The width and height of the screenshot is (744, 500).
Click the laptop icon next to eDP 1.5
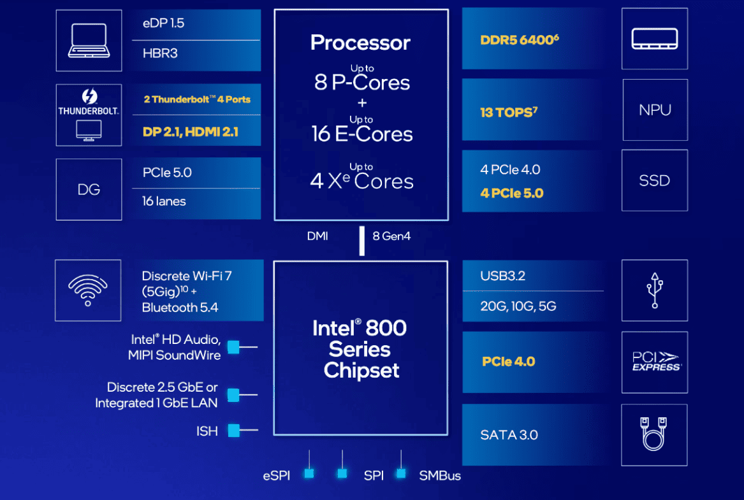(x=88, y=39)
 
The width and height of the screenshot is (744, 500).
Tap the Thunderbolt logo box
(x=88, y=114)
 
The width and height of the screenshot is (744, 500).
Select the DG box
(x=88, y=189)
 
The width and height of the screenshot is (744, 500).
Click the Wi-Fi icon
(x=88, y=290)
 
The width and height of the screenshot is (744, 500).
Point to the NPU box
(x=655, y=110)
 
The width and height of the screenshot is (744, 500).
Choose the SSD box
(x=655, y=180)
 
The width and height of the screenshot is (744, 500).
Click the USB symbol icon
(x=655, y=290)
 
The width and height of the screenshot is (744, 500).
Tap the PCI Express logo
(x=655, y=362)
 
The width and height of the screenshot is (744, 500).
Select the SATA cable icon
(x=655, y=434)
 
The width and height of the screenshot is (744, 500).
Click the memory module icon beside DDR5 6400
(x=655, y=38)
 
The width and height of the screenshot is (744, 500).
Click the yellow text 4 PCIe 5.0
(x=512, y=193)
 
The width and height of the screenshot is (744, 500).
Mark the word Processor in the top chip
(x=360, y=43)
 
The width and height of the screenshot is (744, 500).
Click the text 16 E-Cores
(x=362, y=134)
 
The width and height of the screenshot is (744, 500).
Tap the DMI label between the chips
(x=317, y=236)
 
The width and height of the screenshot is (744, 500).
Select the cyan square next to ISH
(x=233, y=431)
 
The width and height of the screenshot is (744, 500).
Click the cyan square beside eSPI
(x=309, y=473)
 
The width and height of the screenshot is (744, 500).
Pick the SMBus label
(x=440, y=476)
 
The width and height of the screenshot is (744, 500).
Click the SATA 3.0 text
(x=509, y=435)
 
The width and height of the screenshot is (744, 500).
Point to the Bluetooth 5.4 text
(x=180, y=308)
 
